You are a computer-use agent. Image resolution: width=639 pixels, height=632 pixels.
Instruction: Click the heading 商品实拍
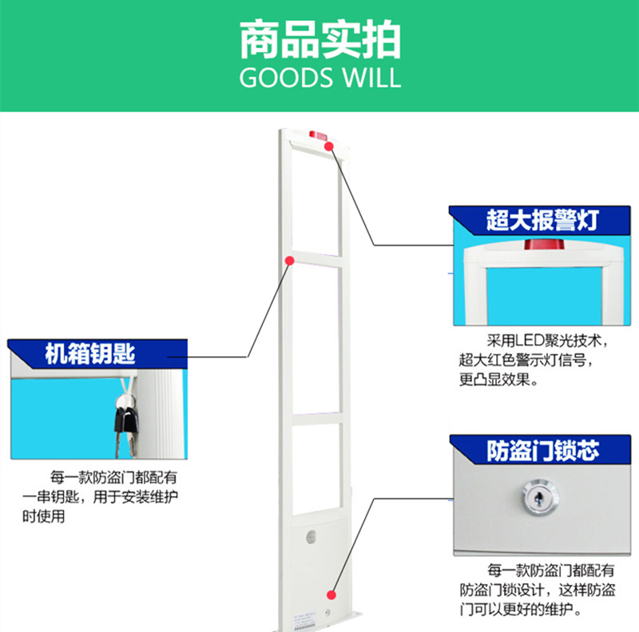click(x=319, y=40)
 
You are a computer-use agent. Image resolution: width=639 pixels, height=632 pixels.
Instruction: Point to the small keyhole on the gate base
click(x=329, y=610)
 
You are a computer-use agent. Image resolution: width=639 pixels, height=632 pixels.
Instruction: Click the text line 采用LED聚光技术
click(x=547, y=340)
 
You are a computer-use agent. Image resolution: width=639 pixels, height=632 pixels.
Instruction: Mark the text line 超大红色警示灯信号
click(x=526, y=360)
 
